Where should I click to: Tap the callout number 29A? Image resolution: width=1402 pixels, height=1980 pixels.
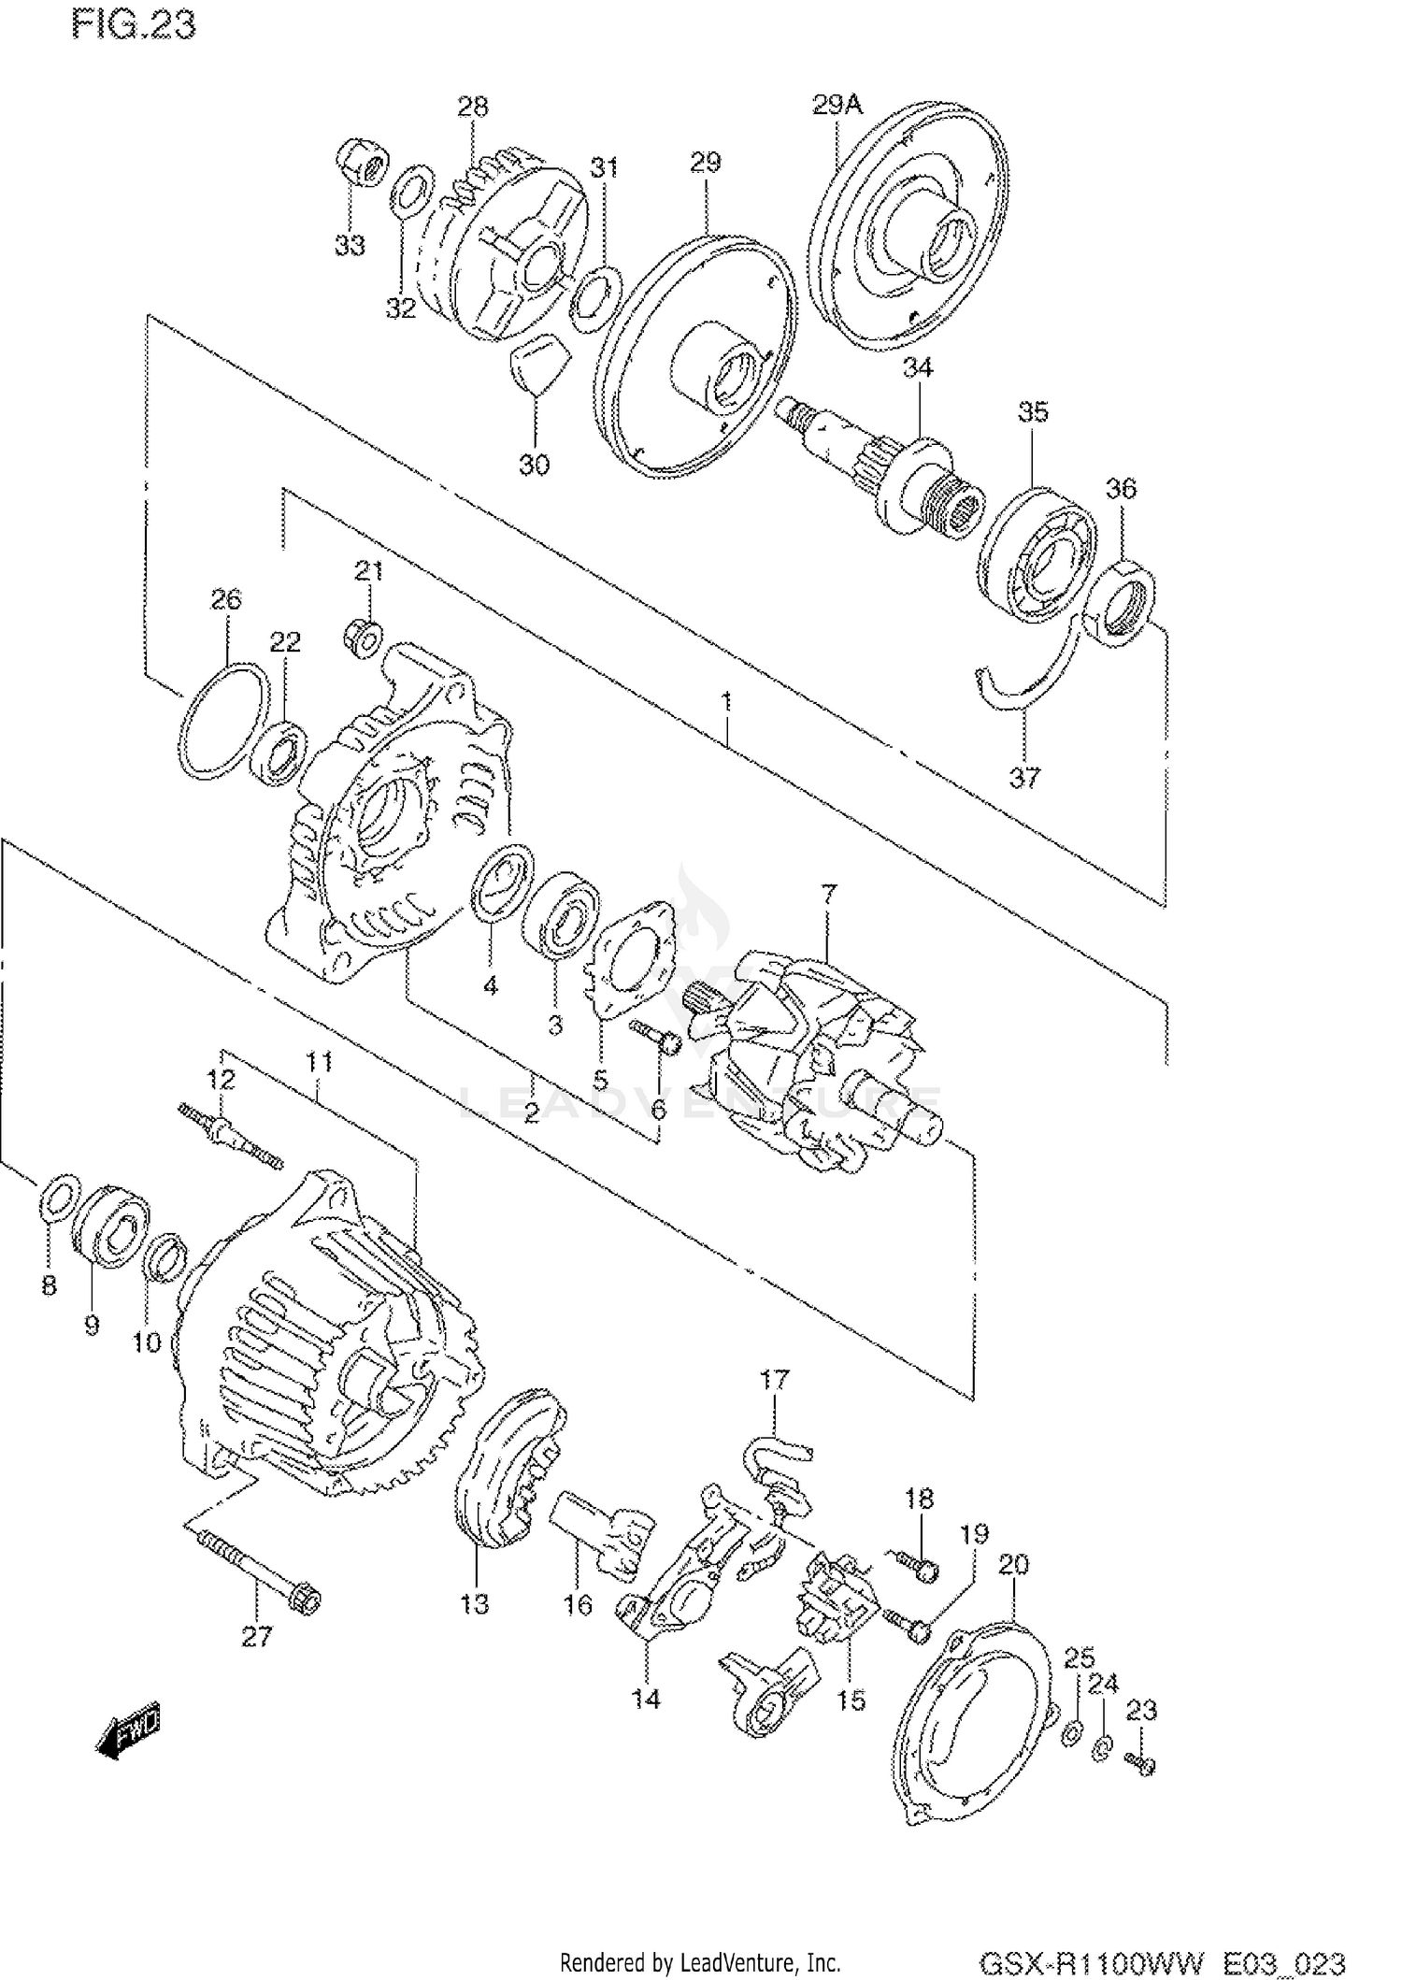836,104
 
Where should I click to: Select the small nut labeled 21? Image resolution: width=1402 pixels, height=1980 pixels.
365,637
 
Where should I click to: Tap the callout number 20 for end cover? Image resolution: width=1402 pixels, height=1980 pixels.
1013,1563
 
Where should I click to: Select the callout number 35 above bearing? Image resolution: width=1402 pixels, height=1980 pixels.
1033,411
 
